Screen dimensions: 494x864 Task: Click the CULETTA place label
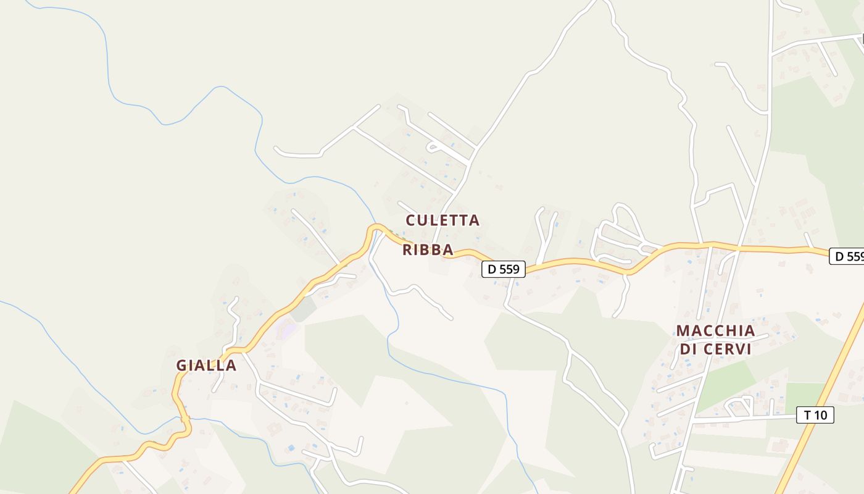[x=442, y=220]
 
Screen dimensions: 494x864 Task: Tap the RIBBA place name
[x=428, y=250]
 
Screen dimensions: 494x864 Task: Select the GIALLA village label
[x=206, y=366]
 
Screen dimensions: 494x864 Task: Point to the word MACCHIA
[x=715, y=331]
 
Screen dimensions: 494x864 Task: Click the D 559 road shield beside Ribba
[x=503, y=269]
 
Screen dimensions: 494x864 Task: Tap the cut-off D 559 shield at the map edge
[x=847, y=256]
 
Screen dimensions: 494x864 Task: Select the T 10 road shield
[x=815, y=415]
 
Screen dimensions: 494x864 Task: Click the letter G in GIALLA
[x=181, y=366]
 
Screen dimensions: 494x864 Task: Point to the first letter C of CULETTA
[x=411, y=220]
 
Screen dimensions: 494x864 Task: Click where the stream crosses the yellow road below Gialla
[x=184, y=419]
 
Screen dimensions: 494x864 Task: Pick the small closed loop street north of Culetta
[x=434, y=147]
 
